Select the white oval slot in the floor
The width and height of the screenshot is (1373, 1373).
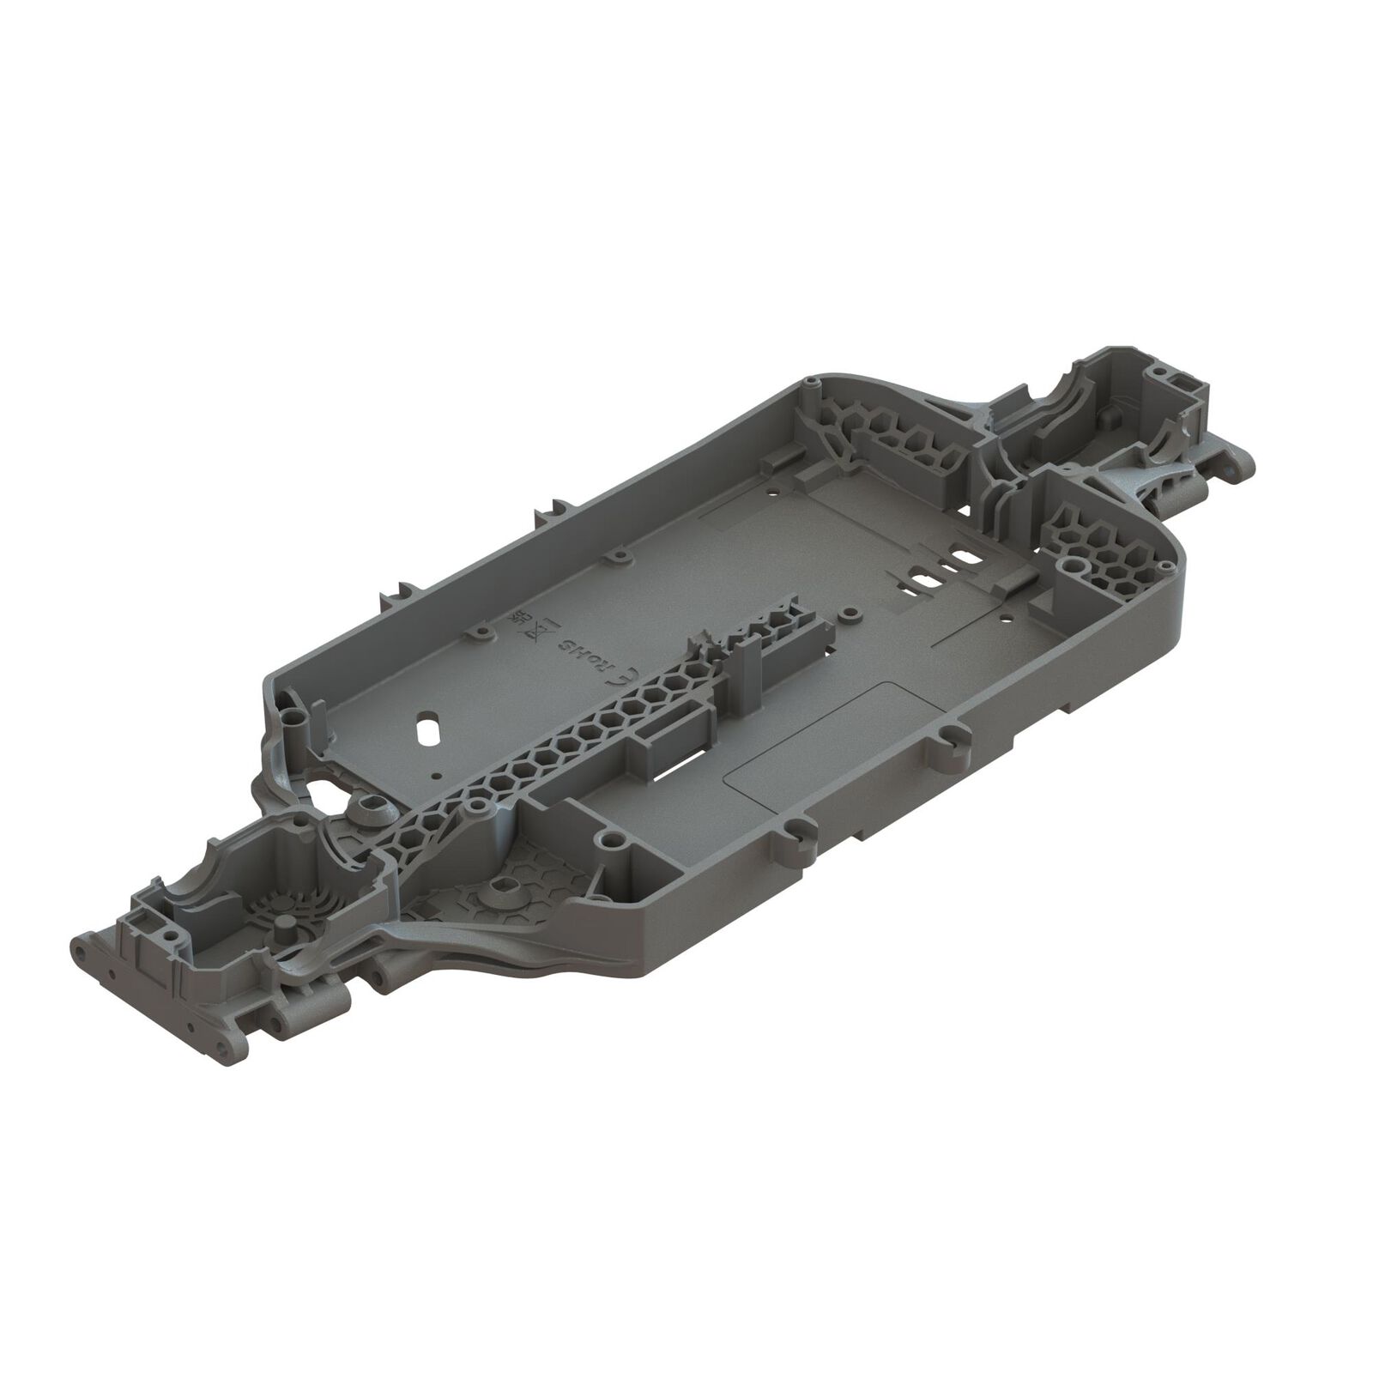tap(426, 706)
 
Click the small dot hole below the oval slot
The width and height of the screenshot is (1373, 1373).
tap(437, 775)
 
